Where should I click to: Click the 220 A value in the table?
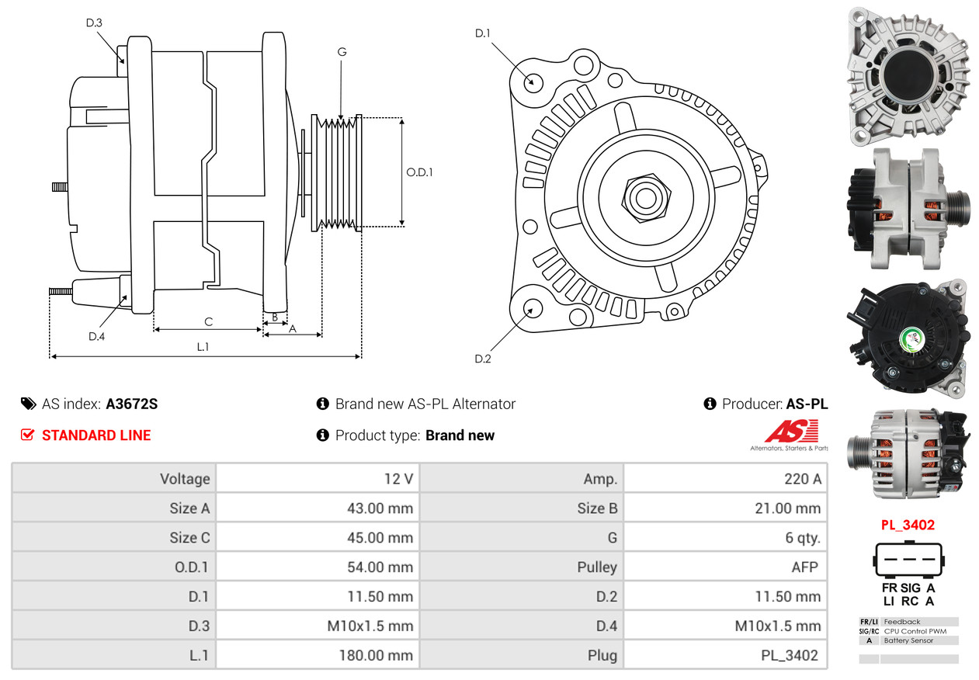802,479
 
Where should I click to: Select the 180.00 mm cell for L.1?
375,655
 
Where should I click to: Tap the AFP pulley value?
804,567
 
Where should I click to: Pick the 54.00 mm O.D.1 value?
380,567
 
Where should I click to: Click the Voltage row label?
185,479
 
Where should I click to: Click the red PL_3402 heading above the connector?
908,525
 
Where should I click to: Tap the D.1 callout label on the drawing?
483,33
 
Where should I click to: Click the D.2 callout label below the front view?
483,359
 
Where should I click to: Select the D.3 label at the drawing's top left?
94,23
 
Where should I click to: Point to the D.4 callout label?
96,336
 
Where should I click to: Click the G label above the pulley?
342,52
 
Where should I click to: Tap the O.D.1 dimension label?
419,172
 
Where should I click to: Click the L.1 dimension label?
203,347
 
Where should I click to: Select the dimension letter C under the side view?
208,321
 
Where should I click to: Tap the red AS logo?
793,432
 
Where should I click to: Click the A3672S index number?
132,404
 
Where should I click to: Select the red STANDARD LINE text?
96,435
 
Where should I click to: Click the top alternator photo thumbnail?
908,76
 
